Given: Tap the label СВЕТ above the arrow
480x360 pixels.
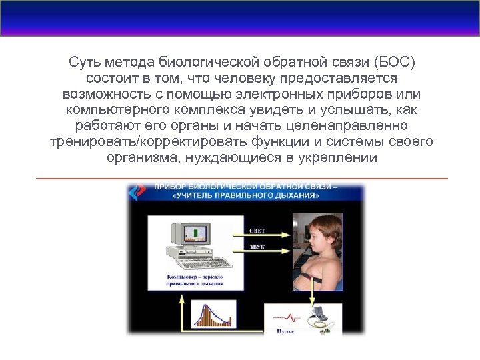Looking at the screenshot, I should tap(257, 231).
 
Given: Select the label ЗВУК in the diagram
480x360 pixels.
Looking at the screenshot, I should tap(257, 247).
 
